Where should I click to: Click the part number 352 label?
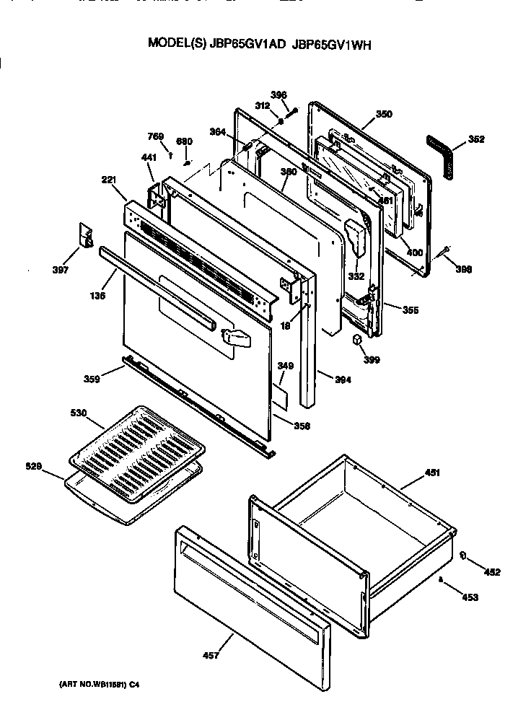(476, 140)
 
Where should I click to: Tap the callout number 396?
(278, 95)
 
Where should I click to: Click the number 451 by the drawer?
(432, 473)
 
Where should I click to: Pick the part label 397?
(61, 271)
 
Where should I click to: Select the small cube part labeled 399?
(356, 339)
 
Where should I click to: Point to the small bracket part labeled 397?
(86, 236)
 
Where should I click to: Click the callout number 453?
(470, 597)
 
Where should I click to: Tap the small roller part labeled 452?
(462, 556)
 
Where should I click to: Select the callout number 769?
(156, 136)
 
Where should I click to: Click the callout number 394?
(342, 380)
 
